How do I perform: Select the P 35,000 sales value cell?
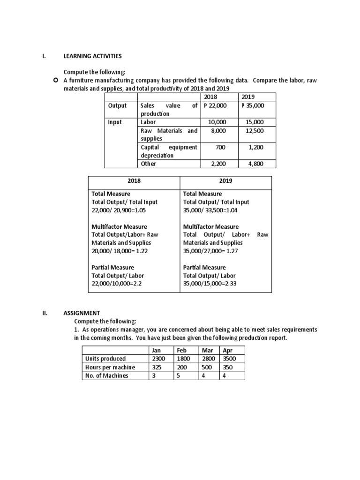tap(253, 105)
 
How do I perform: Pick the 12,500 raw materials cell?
tap(255, 131)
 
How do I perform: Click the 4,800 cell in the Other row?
tap(255, 164)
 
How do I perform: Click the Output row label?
tap(117, 105)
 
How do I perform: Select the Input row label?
tap(115, 122)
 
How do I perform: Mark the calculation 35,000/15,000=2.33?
tap(211, 284)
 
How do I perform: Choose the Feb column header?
tap(182, 350)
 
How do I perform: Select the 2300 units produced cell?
tap(159, 359)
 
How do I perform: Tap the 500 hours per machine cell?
tap(207, 367)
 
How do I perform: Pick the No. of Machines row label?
tap(106, 375)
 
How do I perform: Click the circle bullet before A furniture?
tap(56, 81)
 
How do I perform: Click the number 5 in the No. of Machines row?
tap(178, 375)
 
